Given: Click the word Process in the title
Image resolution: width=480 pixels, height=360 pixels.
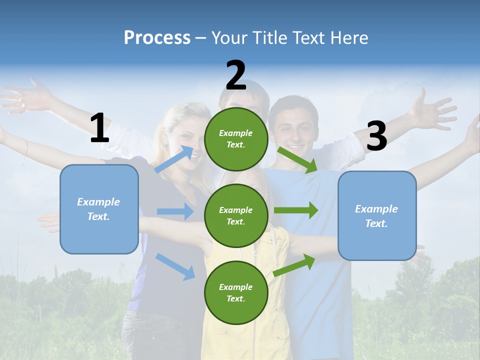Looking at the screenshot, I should coord(157,37).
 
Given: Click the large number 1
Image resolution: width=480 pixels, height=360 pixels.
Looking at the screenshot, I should coord(99,128).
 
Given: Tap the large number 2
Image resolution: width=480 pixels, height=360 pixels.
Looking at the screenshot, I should coord(236,75).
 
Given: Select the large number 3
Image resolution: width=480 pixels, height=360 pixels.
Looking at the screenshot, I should coord(376,136).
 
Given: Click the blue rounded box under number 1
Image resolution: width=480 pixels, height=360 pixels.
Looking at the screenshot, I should coord(99,209).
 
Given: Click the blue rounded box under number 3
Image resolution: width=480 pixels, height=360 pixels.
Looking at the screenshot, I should coord(377,215).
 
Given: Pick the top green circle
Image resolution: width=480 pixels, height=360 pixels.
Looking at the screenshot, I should coord(236,139).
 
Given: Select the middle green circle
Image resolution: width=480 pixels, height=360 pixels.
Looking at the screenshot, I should coord(236,215).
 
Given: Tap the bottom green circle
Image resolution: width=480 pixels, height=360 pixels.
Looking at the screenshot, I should coord(236,292).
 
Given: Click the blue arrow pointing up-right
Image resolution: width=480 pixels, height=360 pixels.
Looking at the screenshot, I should coord(174,159).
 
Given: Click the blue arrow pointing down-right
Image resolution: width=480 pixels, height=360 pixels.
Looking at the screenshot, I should coord(175,266).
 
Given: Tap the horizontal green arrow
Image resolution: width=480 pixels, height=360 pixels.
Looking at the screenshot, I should coord(296,210).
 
